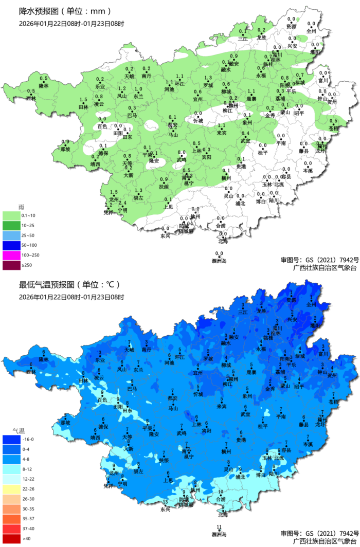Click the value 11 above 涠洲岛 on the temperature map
pyautogui.click(x=219, y=526)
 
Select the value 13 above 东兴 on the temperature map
pyautogui.click(x=165, y=502)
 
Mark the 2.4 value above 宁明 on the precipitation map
pyautogui.click(x=122, y=204)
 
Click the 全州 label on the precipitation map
pyautogui.click(x=311, y=31)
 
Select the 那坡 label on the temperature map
pyautogui.click(x=65, y=422)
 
